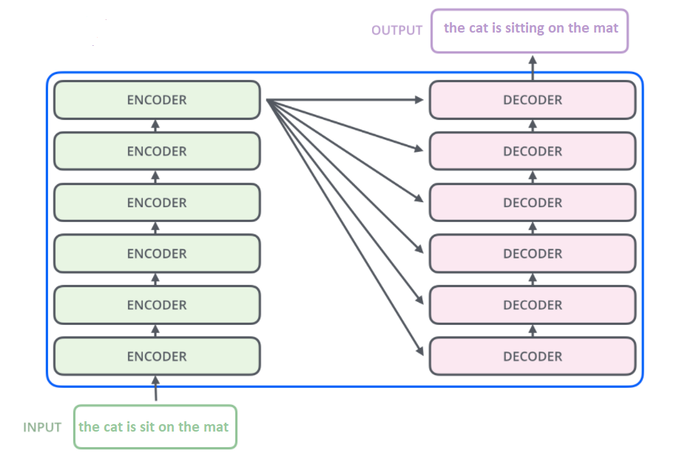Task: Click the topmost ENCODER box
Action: [x=157, y=100]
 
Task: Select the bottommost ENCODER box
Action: [x=157, y=356]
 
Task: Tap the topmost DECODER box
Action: [x=533, y=100]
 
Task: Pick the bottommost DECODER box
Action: [x=533, y=356]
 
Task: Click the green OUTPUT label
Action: [x=396, y=30]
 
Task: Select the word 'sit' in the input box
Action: [x=150, y=427]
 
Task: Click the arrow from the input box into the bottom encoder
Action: [x=155, y=389]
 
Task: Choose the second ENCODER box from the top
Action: [x=157, y=151]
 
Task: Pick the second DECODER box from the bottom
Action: [x=533, y=305]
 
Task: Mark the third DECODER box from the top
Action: [x=533, y=202]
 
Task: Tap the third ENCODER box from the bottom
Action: [x=157, y=254]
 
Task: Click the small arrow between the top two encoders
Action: [x=155, y=125]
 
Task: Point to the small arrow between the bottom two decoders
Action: [x=533, y=330]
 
